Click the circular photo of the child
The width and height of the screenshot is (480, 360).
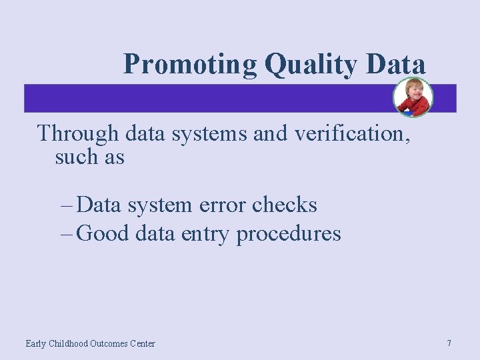413,98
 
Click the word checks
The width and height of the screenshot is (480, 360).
285,205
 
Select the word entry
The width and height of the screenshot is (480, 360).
207,235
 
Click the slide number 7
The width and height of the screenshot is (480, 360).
449,343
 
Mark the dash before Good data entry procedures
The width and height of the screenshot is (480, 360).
66,235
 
